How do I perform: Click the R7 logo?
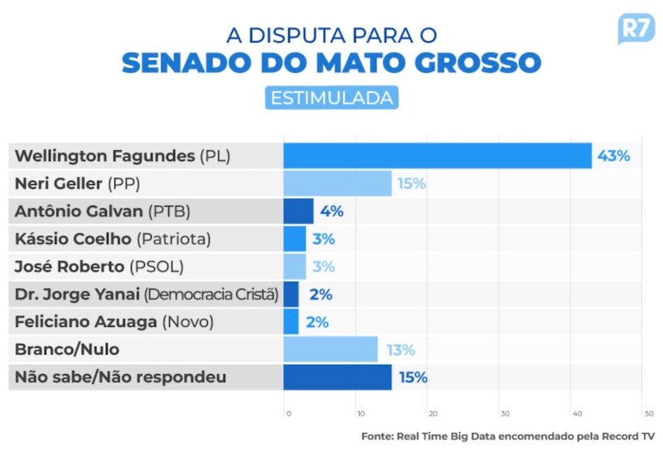coord(635,29)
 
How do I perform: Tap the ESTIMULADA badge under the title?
coord(331,97)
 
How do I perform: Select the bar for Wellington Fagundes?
coord(438,155)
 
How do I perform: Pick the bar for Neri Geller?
coord(337,183)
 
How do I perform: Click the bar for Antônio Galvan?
coord(298,211)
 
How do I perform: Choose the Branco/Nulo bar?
coord(330,349)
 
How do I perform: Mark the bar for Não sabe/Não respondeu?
coord(337,377)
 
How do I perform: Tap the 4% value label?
coord(331,211)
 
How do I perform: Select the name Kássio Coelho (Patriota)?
coord(113,239)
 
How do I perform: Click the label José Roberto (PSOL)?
coord(99,266)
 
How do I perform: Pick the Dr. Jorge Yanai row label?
coord(147,294)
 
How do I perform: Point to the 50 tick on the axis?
coord(648,412)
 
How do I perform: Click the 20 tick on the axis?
coord(431,412)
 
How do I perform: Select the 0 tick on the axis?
coord(288,412)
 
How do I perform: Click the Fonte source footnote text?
coord(508,436)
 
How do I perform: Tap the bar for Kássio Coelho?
coord(294,239)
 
